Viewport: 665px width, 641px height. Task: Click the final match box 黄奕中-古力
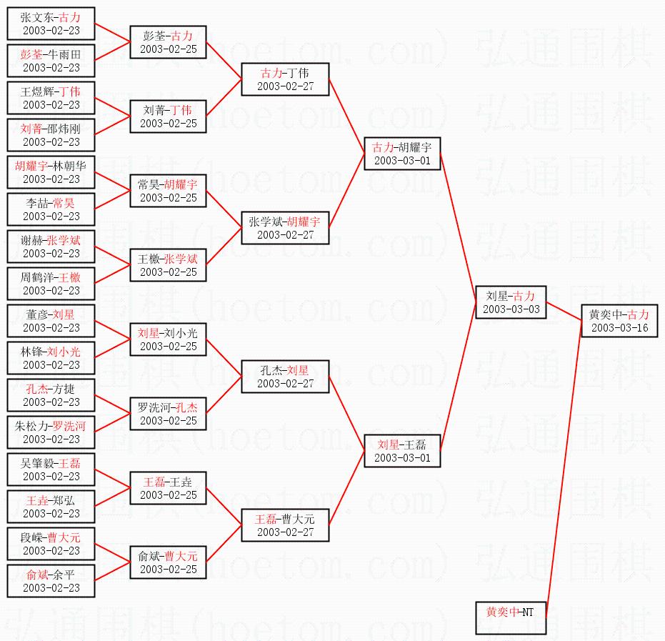pyautogui.click(x=619, y=322)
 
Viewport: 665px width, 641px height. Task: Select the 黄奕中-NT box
pyautogui.click(x=510, y=619)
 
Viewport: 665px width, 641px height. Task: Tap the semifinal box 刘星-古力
pyautogui.click(x=510, y=302)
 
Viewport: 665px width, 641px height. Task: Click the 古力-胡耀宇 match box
pyautogui.click(x=402, y=154)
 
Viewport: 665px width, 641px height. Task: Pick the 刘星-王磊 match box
pyautogui.click(x=402, y=451)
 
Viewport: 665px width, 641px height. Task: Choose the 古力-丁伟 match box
pyautogui.click(x=285, y=79)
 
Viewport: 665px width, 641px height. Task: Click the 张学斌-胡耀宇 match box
pyautogui.click(x=285, y=228)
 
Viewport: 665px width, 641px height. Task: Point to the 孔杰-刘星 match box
pyautogui.click(x=285, y=377)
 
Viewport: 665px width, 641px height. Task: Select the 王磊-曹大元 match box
pyautogui.click(x=285, y=525)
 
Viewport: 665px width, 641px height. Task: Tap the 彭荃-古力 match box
pyautogui.click(x=168, y=42)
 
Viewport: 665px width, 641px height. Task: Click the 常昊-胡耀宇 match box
pyautogui.click(x=168, y=191)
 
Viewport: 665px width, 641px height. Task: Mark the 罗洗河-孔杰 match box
pyautogui.click(x=168, y=414)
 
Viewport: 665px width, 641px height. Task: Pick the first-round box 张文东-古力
pyautogui.click(x=51, y=24)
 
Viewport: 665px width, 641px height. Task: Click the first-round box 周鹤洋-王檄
pyautogui.click(x=51, y=284)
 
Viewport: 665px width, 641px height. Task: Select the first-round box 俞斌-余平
pyautogui.click(x=51, y=581)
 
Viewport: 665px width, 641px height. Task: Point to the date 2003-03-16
pyautogui.click(x=619, y=328)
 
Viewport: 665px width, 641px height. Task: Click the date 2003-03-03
pyautogui.click(x=510, y=309)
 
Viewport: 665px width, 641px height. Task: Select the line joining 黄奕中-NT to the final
pyautogui.click(x=564, y=472)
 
